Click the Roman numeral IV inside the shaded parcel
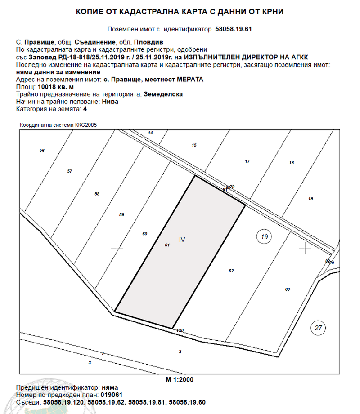click(182, 240)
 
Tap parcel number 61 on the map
click(167, 245)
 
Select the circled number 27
click(319, 328)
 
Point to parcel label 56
click(42, 150)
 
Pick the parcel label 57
click(69, 171)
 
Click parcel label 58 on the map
click(97, 194)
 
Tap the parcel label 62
click(231, 271)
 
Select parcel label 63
click(288, 289)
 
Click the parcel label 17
click(247, 161)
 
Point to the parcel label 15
click(194, 145)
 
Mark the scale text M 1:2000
click(180, 379)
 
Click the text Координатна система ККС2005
click(58, 125)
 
